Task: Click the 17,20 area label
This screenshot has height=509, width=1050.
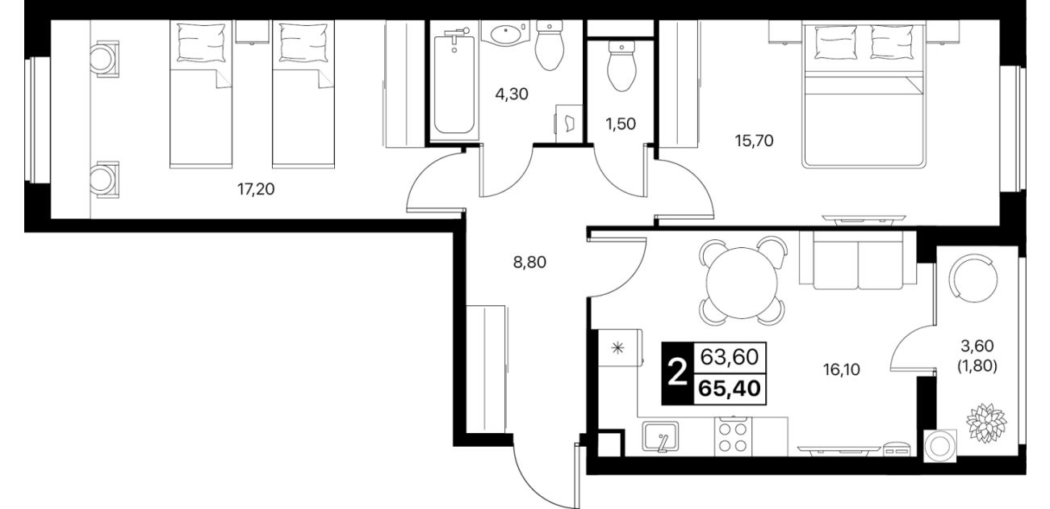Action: tap(256, 190)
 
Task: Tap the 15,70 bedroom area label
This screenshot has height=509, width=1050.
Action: tap(755, 141)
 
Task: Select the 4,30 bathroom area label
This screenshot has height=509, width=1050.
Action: tap(512, 95)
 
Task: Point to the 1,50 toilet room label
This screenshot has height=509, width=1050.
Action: tap(621, 124)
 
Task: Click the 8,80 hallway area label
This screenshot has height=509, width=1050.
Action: tap(529, 263)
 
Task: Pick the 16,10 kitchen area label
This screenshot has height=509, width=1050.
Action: tap(842, 370)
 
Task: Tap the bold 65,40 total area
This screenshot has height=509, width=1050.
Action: tap(730, 389)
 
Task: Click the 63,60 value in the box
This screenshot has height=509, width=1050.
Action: tap(730, 357)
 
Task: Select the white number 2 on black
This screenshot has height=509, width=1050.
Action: tap(677, 373)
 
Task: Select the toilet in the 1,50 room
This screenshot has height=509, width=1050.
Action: tap(621, 66)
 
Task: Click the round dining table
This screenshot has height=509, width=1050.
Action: tap(742, 283)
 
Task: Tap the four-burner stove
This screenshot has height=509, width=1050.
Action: tap(733, 437)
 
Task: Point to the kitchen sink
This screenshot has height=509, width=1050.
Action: tap(660, 437)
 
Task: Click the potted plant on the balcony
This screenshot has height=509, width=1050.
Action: tap(986, 423)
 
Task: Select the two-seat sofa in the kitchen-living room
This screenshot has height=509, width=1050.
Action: tap(858, 260)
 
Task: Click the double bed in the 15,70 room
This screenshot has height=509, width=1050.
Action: tap(864, 95)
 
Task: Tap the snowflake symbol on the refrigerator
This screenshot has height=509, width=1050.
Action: tap(617, 347)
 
